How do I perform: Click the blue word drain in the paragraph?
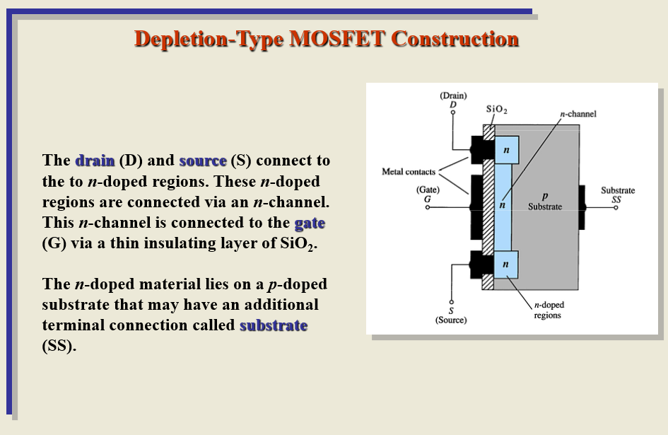pyautogui.click(x=95, y=160)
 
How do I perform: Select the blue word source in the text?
pyautogui.click(x=203, y=160)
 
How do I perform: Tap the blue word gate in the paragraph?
pyautogui.click(x=310, y=223)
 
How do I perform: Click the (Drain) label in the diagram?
pyautogui.click(x=453, y=95)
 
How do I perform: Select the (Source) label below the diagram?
pyautogui.click(x=451, y=320)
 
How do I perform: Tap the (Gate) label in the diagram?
pyautogui.click(x=428, y=190)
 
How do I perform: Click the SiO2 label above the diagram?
pyautogui.click(x=497, y=110)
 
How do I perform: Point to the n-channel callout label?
pyautogui.click(x=578, y=114)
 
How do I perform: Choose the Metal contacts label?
pyautogui.click(x=409, y=171)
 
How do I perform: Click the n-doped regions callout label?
pyautogui.click(x=549, y=310)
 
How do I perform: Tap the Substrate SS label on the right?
pyautogui.click(x=617, y=195)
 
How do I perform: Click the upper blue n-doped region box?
pyautogui.click(x=506, y=151)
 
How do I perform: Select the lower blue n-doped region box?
pyautogui.click(x=506, y=265)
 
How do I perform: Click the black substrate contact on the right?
pyautogui.click(x=581, y=207)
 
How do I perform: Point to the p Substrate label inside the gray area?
pyautogui.click(x=544, y=202)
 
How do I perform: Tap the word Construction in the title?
pyautogui.click(x=455, y=39)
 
